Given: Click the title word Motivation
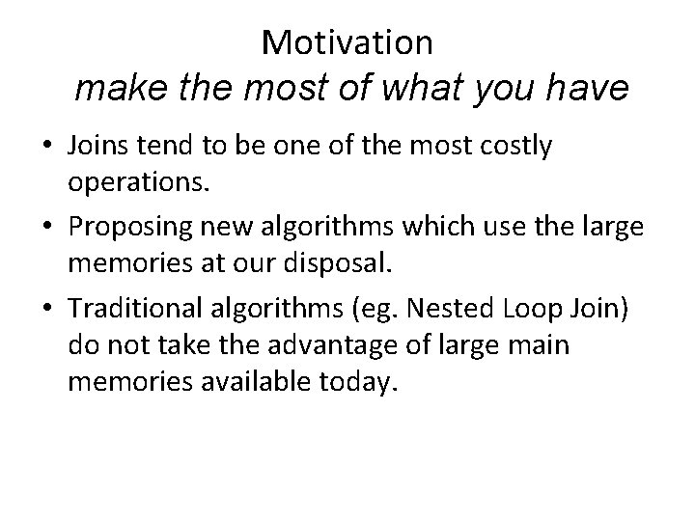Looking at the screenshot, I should click(x=347, y=41).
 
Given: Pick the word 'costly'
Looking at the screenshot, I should click(x=516, y=147).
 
